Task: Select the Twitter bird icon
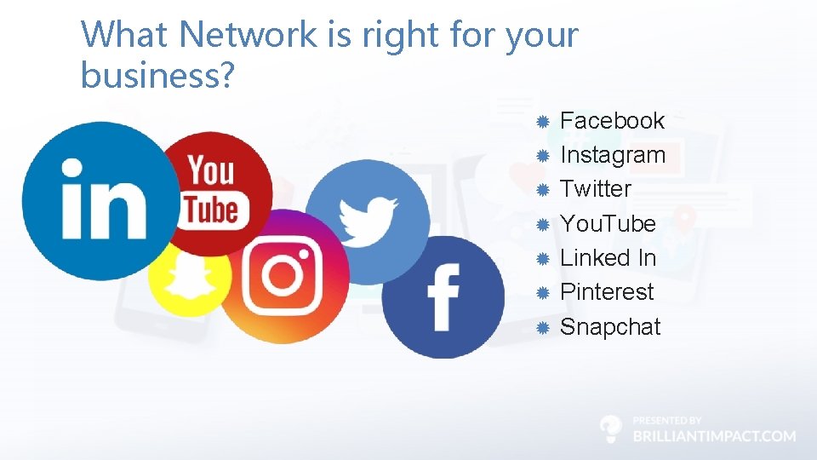(x=368, y=213)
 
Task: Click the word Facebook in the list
(x=612, y=121)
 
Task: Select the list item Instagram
(x=613, y=155)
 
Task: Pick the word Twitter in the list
(x=596, y=189)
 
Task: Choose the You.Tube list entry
(x=608, y=224)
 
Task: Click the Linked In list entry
(x=608, y=258)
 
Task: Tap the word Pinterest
(x=607, y=292)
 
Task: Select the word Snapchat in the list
(x=610, y=327)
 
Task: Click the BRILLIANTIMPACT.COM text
(x=714, y=436)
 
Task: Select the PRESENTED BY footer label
(x=667, y=420)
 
